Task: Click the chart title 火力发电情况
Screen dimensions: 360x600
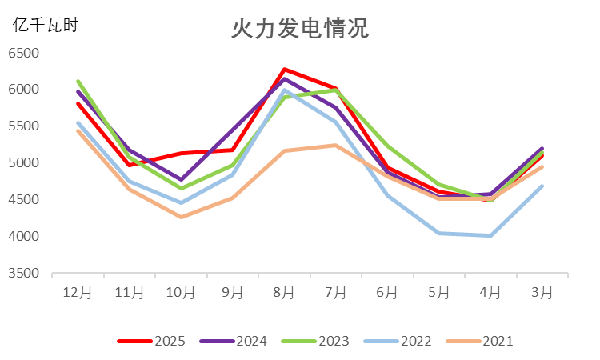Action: tap(299, 29)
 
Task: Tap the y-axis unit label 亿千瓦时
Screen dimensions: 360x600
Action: tap(46, 25)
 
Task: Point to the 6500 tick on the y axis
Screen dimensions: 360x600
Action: tap(24, 54)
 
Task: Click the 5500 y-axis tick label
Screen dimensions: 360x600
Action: tap(24, 126)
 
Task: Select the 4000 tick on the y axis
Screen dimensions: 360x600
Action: tap(24, 237)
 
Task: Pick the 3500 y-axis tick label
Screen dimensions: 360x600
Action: tap(24, 274)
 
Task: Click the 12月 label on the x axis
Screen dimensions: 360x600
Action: tap(78, 293)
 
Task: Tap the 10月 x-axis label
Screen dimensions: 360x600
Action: tap(181, 293)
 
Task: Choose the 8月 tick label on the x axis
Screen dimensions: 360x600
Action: tap(284, 293)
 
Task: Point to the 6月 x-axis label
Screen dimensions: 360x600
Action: tap(387, 293)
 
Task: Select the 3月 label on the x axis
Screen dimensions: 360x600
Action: tap(542, 293)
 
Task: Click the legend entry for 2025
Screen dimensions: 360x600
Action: tap(152, 342)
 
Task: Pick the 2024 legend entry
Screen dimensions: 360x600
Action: tap(234, 342)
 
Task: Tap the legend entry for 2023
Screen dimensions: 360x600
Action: tap(316, 342)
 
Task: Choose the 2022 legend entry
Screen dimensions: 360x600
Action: tap(398, 342)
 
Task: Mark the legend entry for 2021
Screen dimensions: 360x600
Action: tap(480, 342)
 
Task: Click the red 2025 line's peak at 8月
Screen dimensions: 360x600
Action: tap(284, 70)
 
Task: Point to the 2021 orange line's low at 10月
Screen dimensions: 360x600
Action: tap(181, 217)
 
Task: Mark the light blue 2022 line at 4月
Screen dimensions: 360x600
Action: tap(490, 235)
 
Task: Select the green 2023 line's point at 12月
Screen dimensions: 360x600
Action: tap(78, 81)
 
